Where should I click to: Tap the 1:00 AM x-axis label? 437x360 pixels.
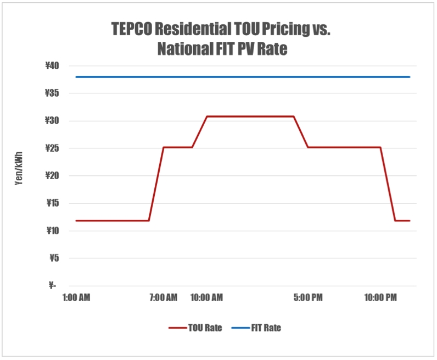point(76,298)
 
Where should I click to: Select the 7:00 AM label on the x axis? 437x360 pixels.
point(163,298)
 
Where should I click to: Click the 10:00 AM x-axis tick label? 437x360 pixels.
point(206,298)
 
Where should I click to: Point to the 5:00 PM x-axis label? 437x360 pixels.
point(308,298)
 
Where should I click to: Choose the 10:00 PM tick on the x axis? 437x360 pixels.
point(380,298)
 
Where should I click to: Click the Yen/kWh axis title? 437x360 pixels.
point(20,175)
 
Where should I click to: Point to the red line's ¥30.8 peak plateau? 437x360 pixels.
point(250,117)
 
